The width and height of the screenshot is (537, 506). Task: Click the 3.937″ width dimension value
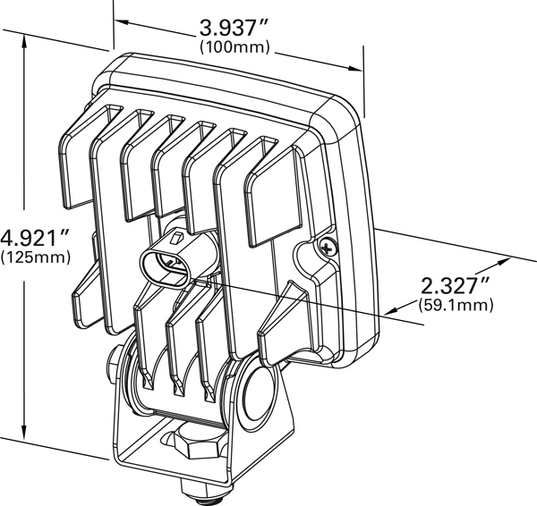click(x=233, y=28)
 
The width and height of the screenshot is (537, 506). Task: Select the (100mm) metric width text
click(x=234, y=46)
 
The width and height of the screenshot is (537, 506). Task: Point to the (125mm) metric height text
click(x=36, y=257)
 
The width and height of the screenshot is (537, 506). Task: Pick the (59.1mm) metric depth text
click(x=456, y=305)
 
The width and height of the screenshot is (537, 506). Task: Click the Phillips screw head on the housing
click(x=328, y=246)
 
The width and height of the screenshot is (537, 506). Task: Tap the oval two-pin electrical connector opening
click(x=165, y=267)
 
